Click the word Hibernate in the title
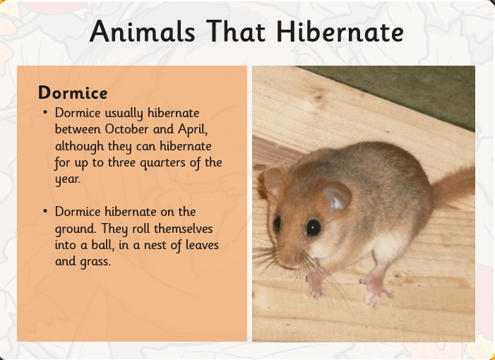[340, 31]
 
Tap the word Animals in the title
[142, 31]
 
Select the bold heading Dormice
[73, 92]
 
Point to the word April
[193, 130]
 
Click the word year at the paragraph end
[68, 179]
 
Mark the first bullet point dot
[45, 113]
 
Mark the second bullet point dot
[45, 211]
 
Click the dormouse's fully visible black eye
[313, 227]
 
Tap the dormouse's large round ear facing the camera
[336, 196]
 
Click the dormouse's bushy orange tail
[453, 187]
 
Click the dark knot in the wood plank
[318, 97]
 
